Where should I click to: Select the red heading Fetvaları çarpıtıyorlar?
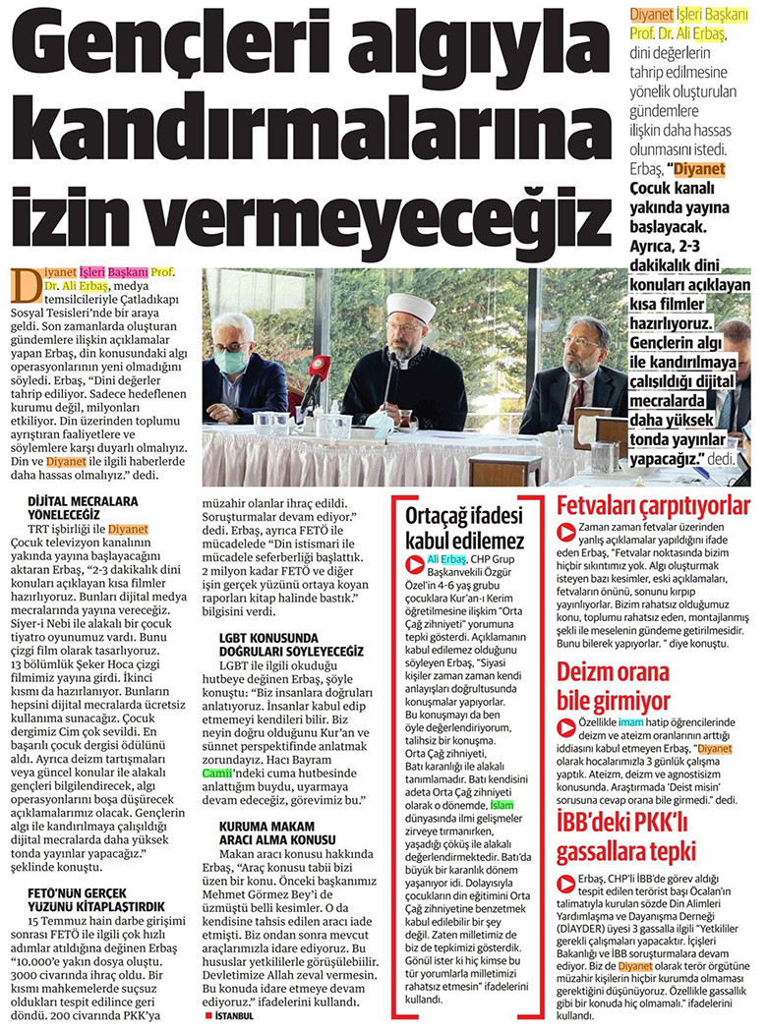click(x=653, y=507)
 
